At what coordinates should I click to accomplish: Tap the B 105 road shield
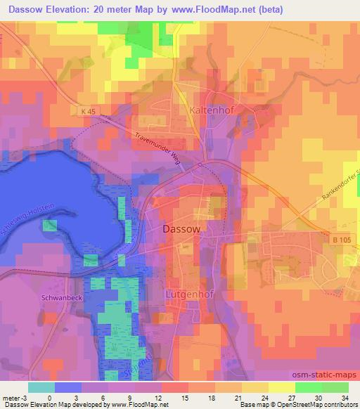tap(340, 240)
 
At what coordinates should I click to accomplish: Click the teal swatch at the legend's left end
tap(41, 387)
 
